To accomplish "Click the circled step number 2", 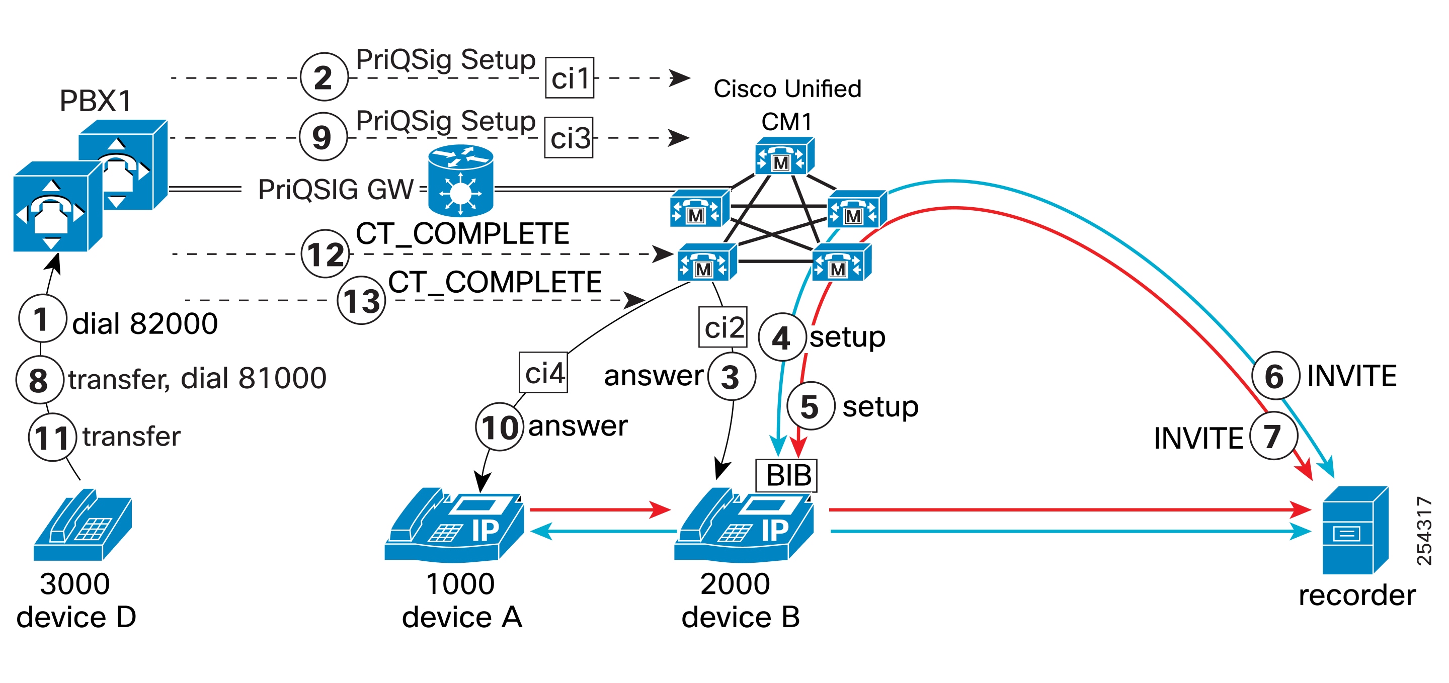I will click(324, 77).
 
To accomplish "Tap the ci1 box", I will click(569, 78).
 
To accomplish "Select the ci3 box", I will click(569, 138).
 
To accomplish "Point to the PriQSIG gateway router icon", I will click(461, 181).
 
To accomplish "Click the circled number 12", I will click(325, 254).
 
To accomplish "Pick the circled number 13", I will click(361, 300).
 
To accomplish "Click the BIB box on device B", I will click(786, 476).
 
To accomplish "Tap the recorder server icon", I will click(1354, 530).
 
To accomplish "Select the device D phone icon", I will click(83, 525).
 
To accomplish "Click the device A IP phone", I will click(454, 526).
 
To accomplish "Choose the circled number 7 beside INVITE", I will click(1273, 436).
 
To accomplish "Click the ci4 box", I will click(543, 372).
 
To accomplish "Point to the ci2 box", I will click(723, 327).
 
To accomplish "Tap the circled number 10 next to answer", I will click(500, 426).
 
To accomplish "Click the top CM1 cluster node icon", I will click(783, 157).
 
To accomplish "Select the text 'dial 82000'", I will click(145, 324).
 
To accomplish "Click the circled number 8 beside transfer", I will click(39, 380).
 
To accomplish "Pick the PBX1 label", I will click(96, 101).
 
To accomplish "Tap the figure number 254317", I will click(1424, 531).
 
